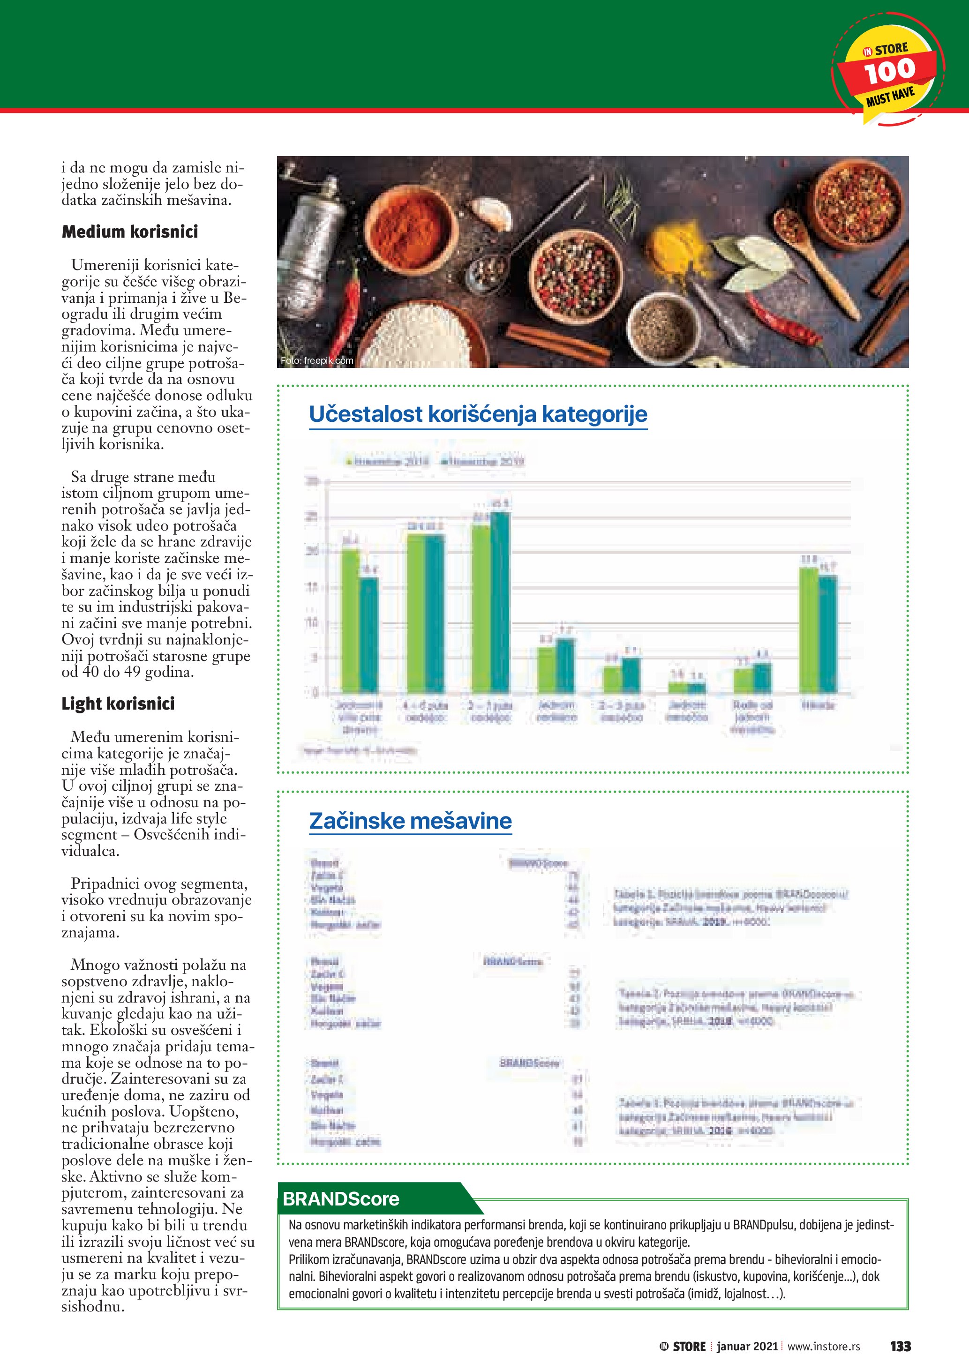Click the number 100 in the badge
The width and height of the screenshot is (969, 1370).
(x=889, y=72)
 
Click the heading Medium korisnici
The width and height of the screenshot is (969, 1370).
(x=129, y=232)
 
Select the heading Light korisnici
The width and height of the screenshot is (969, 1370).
(x=118, y=704)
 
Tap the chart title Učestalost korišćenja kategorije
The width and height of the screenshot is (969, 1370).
(x=477, y=414)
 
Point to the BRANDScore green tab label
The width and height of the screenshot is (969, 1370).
(x=341, y=1199)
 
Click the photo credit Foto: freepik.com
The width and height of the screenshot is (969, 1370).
(x=317, y=360)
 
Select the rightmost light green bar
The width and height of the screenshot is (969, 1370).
(x=809, y=629)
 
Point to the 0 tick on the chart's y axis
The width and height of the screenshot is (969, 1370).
(x=315, y=693)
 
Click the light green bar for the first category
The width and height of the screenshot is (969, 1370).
(x=350, y=621)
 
